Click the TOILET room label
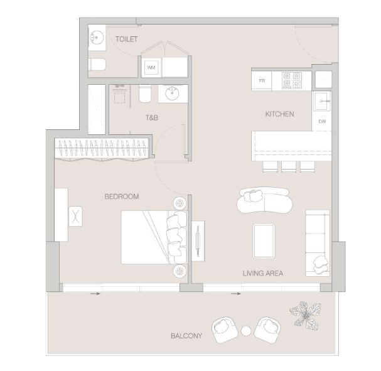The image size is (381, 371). (x=127, y=39)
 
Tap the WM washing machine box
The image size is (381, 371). (x=151, y=67)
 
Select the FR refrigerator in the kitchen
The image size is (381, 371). (x=262, y=81)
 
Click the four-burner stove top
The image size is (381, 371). (x=292, y=80)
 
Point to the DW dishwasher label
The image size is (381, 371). (x=322, y=122)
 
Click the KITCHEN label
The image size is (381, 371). (x=279, y=114)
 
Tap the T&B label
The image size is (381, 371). (x=152, y=118)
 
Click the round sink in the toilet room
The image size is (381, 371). (x=97, y=38)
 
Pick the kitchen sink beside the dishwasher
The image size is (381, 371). (x=322, y=101)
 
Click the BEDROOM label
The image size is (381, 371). (x=122, y=196)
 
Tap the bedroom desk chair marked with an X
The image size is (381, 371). (x=75, y=216)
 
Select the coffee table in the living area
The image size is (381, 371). (x=264, y=241)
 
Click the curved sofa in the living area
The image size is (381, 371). (x=264, y=201)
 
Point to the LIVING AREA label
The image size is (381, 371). (x=263, y=273)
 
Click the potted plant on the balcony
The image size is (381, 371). (x=306, y=315)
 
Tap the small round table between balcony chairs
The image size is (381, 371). (x=245, y=331)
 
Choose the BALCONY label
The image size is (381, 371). (x=186, y=336)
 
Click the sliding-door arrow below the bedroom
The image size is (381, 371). (x=95, y=294)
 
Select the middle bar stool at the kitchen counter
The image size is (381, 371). (x=289, y=167)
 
